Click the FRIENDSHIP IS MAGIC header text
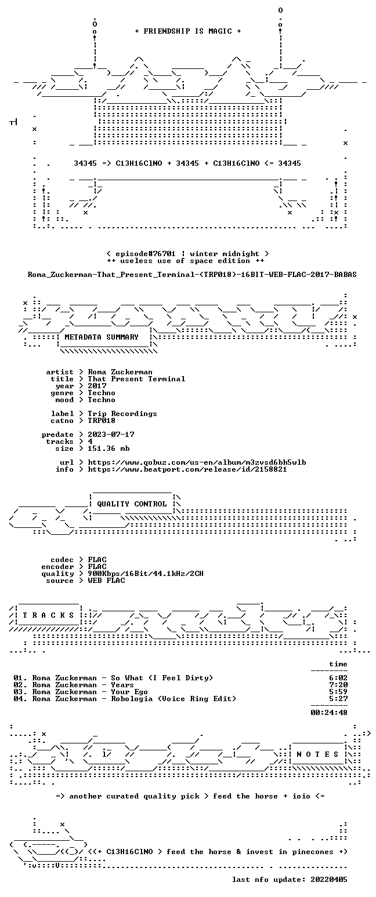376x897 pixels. pyautogui.click(x=188, y=31)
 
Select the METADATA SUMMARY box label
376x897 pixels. pyautogui.click(x=102, y=337)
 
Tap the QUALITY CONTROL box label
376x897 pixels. pyautogui.click(x=132, y=504)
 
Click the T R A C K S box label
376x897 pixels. pyautogui.click(x=49, y=615)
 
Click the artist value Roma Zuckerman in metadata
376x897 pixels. pyautogui.click(x=120, y=372)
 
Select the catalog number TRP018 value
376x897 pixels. pyautogui.click(x=102, y=421)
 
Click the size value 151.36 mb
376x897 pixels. pyautogui.click(x=109, y=448)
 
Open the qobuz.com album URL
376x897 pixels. pyautogui.click(x=197, y=462)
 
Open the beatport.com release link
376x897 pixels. pyautogui.click(x=187, y=469)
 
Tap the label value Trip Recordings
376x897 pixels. pyautogui.click(x=122, y=414)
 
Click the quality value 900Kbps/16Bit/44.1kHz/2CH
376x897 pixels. pyautogui.click(x=146, y=574)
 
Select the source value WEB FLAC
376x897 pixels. pyautogui.click(x=106, y=581)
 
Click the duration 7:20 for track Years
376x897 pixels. pyautogui.click(x=338, y=685)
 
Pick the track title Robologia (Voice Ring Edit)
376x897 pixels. pyautogui.click(x=173, y=699)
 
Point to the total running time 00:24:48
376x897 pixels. pyautogui.click(x=328, y=713)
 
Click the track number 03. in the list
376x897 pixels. pyautogui.click(x=20, y=692)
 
